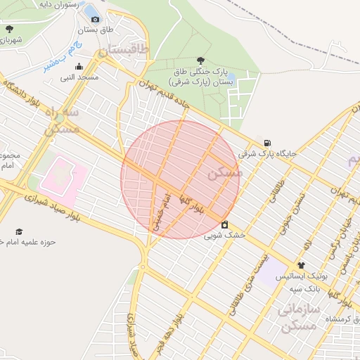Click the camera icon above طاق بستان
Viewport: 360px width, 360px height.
(95, 19)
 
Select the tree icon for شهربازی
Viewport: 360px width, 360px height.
(9, 30)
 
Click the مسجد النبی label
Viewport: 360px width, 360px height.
(79, 77)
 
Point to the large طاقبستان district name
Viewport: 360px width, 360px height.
(124, 50)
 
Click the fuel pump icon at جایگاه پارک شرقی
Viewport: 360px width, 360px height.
(266, 142)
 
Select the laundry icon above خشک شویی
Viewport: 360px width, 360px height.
(224, 225)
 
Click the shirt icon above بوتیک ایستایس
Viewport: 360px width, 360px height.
(301, 266)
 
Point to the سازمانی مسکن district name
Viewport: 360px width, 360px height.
(299, 316)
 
